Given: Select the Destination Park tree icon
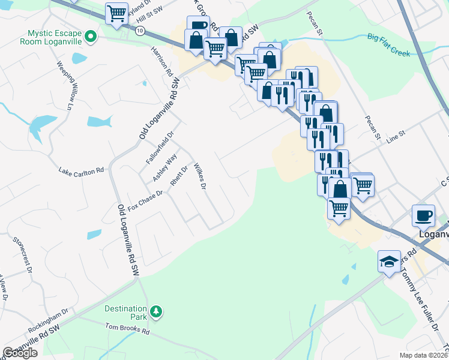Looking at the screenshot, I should point(156,311).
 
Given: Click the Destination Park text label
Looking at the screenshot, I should point(125,312).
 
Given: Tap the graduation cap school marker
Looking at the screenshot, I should point(389,262).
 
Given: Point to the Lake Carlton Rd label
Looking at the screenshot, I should point(81,172).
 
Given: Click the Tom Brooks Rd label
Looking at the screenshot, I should point(127,329).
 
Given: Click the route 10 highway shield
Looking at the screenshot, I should point(139,31).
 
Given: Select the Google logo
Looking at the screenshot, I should point(20,353).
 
